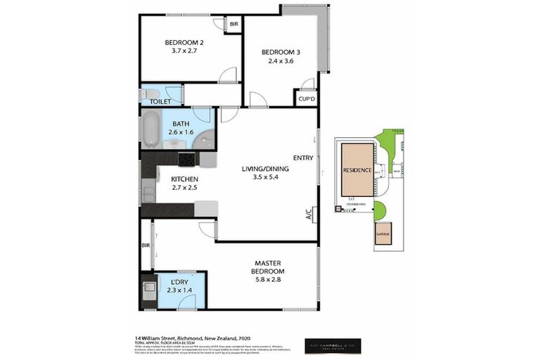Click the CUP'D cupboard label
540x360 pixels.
(x=306, y=98)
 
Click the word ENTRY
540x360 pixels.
(x=303, y=158)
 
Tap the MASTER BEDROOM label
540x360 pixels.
(x=268, y=267)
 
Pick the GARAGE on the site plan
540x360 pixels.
(x=383, y=233)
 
